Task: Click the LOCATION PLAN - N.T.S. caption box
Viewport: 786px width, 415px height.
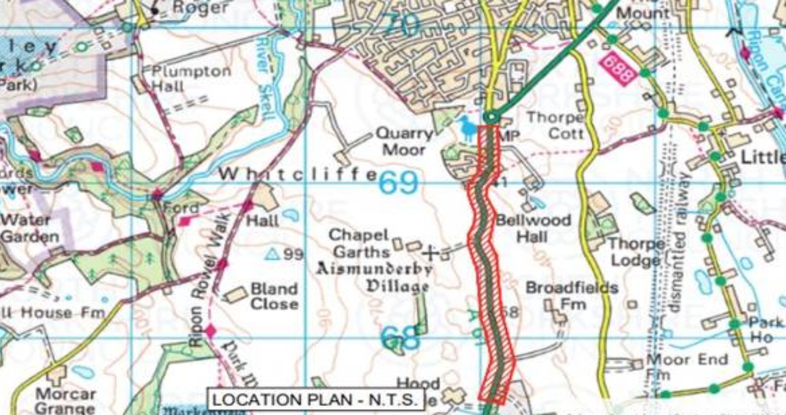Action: (x=315, y=400)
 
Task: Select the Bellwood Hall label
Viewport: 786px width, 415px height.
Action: (x=533, y=228)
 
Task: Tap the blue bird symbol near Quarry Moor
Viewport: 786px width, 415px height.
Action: (x=467, y=128)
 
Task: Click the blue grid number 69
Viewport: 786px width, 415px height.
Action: (x=398, y=183)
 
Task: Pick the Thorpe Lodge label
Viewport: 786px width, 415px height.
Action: (x=635, y=252)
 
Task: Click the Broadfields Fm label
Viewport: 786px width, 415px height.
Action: (x=572, y=295)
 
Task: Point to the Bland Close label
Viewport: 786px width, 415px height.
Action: (x=274, y=296)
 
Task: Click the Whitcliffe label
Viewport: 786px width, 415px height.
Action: (x=297, y=174)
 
